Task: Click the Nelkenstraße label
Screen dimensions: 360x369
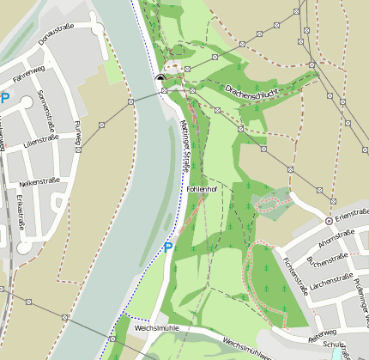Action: [40, 183]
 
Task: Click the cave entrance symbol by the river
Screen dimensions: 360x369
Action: [160, 79]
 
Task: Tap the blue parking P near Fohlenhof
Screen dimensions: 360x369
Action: [168, 247]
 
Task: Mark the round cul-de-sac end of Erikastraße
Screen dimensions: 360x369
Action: [24, 247]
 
